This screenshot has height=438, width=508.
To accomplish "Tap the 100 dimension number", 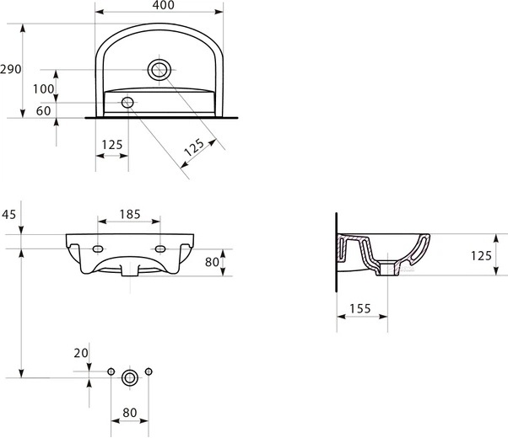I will coord(44,89).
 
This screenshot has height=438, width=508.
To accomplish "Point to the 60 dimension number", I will coord(44,110).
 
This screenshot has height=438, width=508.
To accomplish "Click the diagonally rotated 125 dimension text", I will coord(194,150).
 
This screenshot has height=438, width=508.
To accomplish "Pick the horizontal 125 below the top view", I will coord(111,144).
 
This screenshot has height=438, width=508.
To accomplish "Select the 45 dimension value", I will coord(9,214).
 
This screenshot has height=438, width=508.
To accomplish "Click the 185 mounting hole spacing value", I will coord(129,214).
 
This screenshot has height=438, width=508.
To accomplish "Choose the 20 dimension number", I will coord(81,353).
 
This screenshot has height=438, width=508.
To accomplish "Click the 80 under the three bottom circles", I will coord(129,414).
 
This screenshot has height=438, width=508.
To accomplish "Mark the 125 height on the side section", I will coord(481,254).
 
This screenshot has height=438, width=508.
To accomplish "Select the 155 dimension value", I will coord(360,308).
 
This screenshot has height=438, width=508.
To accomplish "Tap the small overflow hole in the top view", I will coord(127,103).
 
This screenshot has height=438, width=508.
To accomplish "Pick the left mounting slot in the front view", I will coord(99,249).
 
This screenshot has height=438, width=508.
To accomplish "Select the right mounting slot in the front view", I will coord(160,249).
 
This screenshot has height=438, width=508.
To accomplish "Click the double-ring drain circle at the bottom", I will coord(130,377).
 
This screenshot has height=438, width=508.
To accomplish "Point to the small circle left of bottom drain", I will coord(111,372).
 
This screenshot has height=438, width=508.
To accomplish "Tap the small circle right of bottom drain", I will coord(149,372).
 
